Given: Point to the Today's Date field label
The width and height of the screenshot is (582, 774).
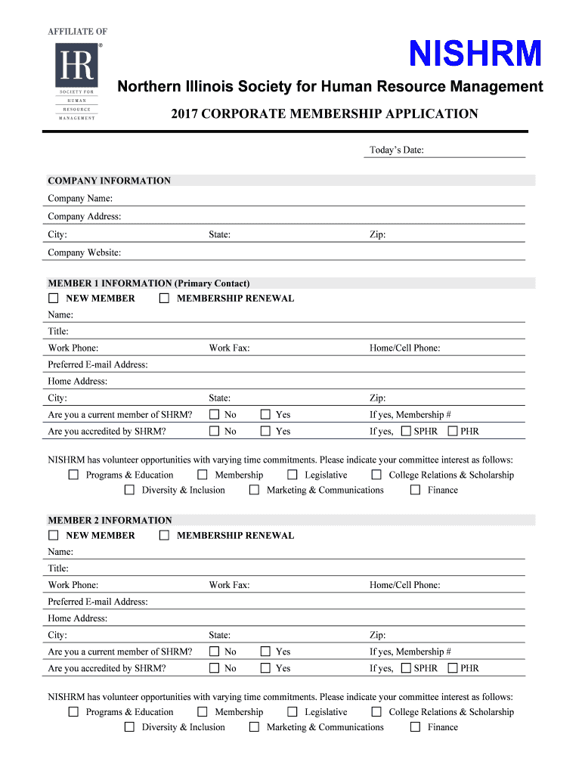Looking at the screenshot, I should pyautogui.click(x=396, y=150).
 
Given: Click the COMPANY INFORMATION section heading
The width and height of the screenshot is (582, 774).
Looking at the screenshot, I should pyautogui.click(x=109, y=181).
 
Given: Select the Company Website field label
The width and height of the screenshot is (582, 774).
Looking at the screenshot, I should pyautogui.click(x=84, y=253).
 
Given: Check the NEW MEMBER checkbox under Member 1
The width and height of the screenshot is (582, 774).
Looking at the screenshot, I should pyautogui.click(x=54, y=299).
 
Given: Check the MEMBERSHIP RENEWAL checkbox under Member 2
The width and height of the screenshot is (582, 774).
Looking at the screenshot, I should pyautogui.click(x=164, y=536).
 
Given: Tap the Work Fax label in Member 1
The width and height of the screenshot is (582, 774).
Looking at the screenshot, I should pyautogui.click(x=229, y=348).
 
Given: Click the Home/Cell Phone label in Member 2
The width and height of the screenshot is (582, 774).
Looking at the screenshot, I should pyautogui.click(x=404, y=585).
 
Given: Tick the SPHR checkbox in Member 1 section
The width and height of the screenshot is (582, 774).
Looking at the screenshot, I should pyautogui.click(x=406, y=432).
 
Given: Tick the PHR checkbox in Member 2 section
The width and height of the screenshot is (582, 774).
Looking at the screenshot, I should pyautogui.click(x=453, y=668).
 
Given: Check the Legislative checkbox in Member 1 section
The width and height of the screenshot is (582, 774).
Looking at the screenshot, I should pyautogui.click(x=293, y=475).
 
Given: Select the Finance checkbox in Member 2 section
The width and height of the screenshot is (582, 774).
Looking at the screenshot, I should pyautogui.click(x=415, y=727).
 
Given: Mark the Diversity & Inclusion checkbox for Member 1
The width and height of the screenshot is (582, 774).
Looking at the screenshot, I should pyautogui.click(x=129, y=491).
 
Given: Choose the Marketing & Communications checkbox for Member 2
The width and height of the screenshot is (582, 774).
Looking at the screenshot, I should pyautogui.click(x=254, y=727).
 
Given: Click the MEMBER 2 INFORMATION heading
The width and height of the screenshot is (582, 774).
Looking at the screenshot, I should pyautogui.click(x=110, y=521).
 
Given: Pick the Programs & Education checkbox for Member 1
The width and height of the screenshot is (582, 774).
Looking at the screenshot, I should pyautogui.click(x=73, y=475).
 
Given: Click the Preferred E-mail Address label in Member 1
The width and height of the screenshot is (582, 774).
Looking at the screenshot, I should pyautogui.click(x=98, y=365).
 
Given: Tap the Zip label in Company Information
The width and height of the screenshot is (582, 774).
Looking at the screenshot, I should pyautogui.click(x=377, y=235).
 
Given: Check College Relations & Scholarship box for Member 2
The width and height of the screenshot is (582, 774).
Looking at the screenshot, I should pyautogui.click(x=376, y=712).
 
